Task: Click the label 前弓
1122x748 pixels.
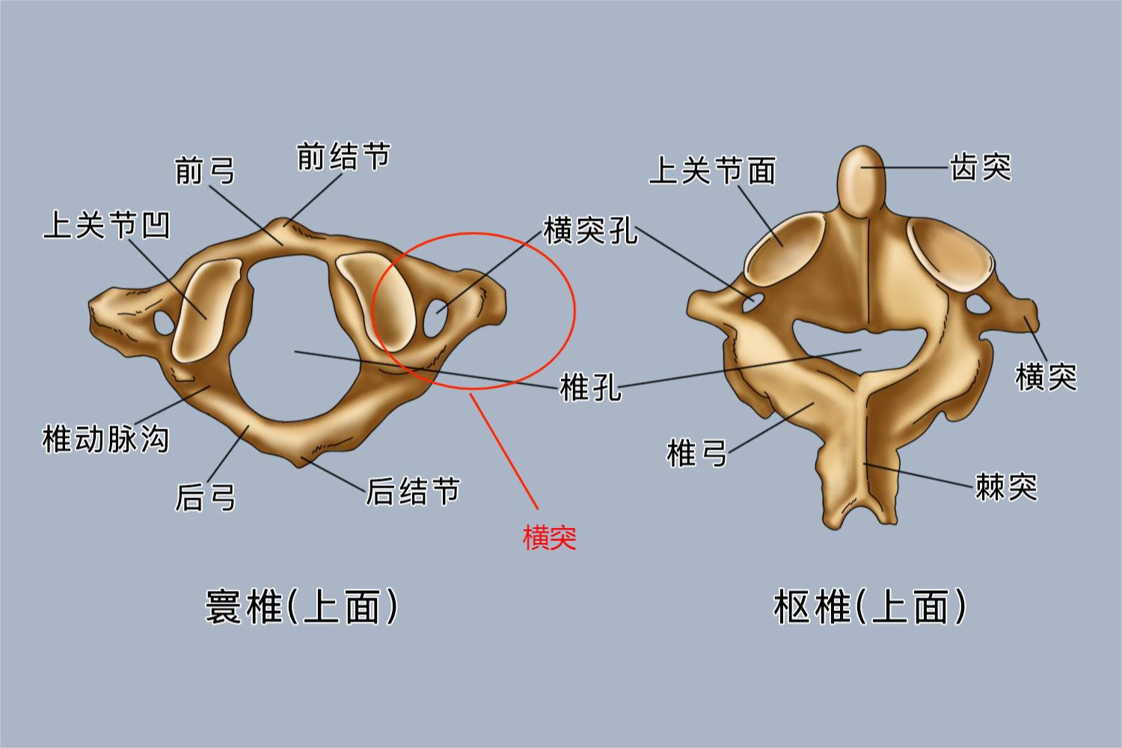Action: pyautogui.click(x=205, y=171)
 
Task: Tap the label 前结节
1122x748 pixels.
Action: pyautogui.click(x=343, y=156)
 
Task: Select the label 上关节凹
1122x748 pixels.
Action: pyautogui.click(x=107, y=224)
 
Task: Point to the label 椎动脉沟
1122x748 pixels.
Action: pyautogui.click(x=105, y=439)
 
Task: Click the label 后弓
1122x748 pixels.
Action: pyautogui.click(x=205, y=497)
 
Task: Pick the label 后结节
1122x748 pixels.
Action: pyautogui.click(x=413, y=491)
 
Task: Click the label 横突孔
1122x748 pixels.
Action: pyautogui.click(x=591, y=230)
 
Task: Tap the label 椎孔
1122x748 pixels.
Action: pyautogui.click(x=590, y=387)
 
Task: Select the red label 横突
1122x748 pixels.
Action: pyautogui.click(x=550, y=538)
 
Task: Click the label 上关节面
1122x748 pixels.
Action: pyautogui.click(x=712, y=171)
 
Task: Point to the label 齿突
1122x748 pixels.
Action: pyautogui.click(x=981, y=167)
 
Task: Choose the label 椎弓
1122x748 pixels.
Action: pyautogui.click(x=696, y=453)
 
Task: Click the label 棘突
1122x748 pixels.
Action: pyautogui.click(x=1006, y=486)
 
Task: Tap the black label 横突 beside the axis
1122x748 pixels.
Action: pyautogui.click(x=1046, y=377)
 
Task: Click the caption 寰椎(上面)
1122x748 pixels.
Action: pyautogui.click(x=301, y=607)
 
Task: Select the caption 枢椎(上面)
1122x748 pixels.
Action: pyautogui.click(x=869, y=607)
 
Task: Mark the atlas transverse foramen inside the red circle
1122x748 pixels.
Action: pyautogui.click(x=436, y=318)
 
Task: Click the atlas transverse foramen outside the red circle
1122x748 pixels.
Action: pyautogui.click(x=164, y=323)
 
